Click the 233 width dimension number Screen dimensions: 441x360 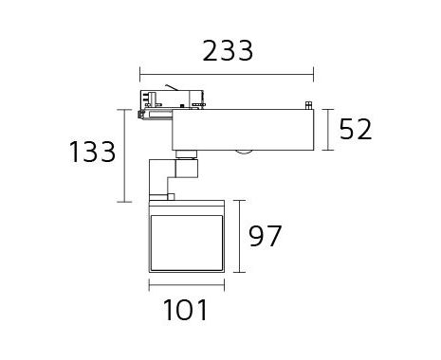pos(228,51)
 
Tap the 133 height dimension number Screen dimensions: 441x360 pos(92,152)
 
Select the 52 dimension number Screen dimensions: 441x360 pos(356,129)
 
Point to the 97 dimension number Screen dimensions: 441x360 pos(265,236)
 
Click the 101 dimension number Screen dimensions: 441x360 pos(185,310)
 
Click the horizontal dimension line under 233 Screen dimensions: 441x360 pos(227,75)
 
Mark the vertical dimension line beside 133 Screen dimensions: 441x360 pos(125,155)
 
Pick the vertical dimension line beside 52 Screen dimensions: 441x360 pos(329,130)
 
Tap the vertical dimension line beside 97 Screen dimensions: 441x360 pos(240,236)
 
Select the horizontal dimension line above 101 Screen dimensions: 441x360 pos(187,285)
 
